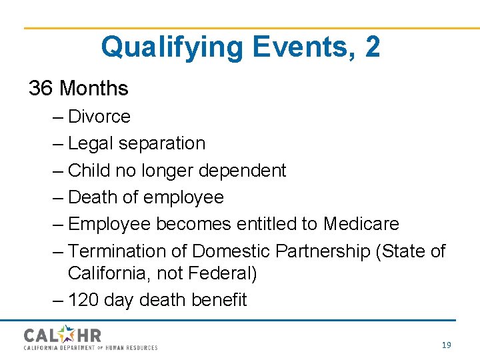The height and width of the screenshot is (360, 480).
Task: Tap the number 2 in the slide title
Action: [373, 47]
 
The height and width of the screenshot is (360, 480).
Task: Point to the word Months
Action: [93, 88]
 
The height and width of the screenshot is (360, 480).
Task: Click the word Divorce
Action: [99, 117]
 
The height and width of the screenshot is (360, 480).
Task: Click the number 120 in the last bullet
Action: [83, 301]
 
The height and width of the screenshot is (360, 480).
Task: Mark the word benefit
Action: [219, 301]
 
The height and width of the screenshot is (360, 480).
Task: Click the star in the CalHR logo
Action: [67, 334]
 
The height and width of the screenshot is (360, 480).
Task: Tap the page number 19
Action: [446, 345]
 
